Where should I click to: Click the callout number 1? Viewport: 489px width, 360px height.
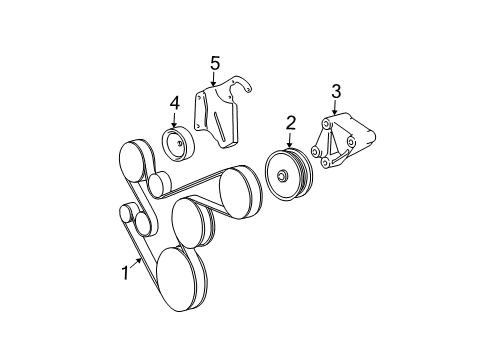pos(125,271)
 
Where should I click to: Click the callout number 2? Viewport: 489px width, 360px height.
pos(291,123)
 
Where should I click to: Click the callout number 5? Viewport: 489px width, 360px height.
pos(215,63)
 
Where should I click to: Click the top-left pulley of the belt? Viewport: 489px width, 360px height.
pos(136,160)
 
